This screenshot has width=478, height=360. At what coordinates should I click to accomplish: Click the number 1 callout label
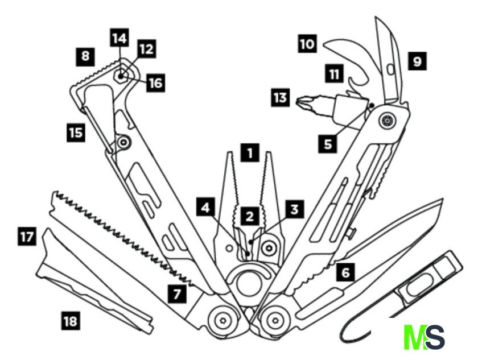tap(249, 153)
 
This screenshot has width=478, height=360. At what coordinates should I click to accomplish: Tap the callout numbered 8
tap(85, 56)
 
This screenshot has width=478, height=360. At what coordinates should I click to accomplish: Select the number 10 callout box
tap(307, 44)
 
